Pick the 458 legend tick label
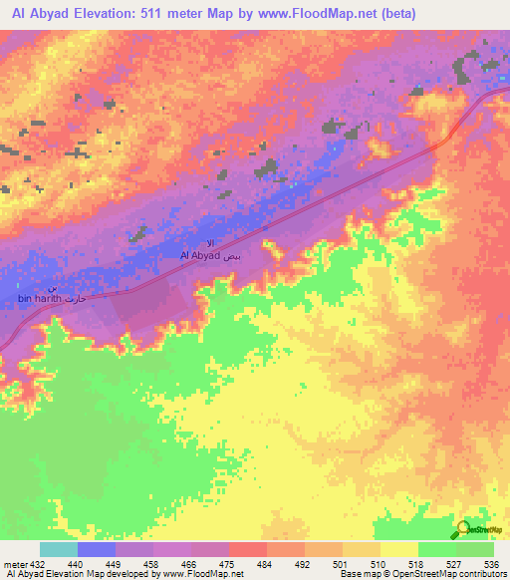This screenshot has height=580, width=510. [153, 565]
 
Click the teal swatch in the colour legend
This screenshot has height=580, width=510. [59, 550]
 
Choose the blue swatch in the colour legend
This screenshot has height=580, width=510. [97, 550]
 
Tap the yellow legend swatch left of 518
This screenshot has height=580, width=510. [398, 550]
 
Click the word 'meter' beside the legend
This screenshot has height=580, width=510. [15, 565]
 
